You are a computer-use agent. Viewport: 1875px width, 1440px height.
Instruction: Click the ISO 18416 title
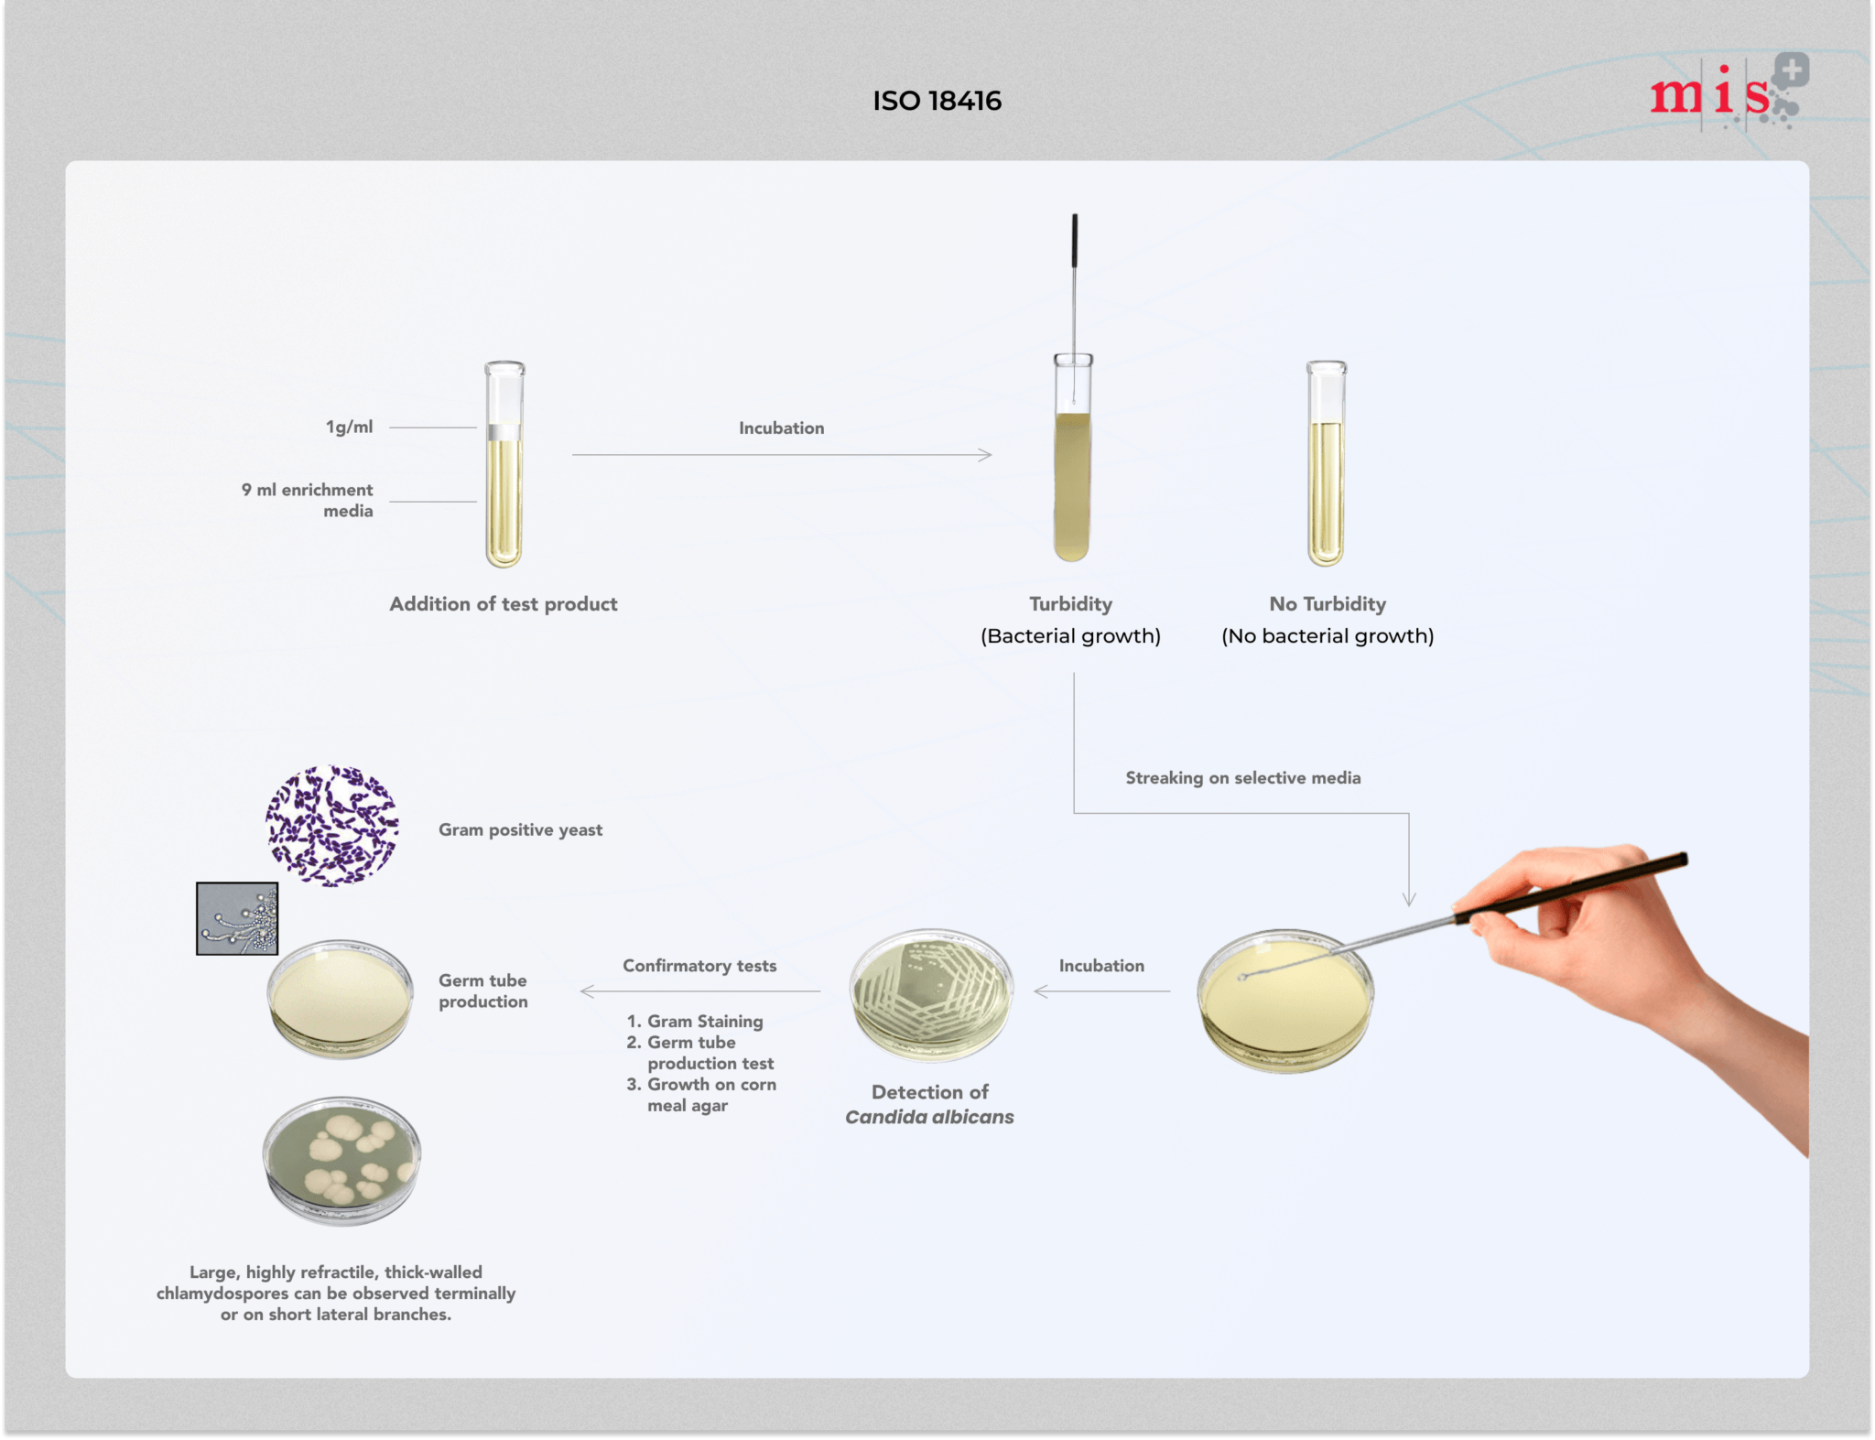pyautogui.click(x=937, y=101)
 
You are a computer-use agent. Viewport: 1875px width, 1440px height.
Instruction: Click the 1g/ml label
pyautogui.click(x=349, y=427)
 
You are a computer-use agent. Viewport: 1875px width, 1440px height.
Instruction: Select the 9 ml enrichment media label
pyautogui.click(x=308, y=500)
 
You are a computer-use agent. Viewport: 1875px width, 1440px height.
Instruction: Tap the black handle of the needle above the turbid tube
pyautogui.click(x=1075, y=240)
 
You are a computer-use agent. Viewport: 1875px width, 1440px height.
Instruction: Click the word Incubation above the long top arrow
pyautogui.click(x=781, y=428)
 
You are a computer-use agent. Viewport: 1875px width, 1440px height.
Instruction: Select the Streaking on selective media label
pyautogui.click(x=1242, y=777)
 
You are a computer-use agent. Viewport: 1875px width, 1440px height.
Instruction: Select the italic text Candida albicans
pyautogui.click(x=929, y=1117)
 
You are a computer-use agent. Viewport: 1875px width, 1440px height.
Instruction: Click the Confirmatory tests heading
pyautogui.click(x=699, y=966)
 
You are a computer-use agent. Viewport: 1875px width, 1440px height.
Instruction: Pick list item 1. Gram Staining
pyautogui.click(x=695, y=1021)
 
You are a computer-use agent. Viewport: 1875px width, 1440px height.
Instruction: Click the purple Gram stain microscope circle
pyautogui.click(x=332, y=826)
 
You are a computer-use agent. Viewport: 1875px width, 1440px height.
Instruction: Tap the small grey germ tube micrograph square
pyautogui.click(x=237, y=918)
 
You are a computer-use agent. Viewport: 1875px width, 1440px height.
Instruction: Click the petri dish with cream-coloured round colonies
pyautogui.click(x=341, y=1160)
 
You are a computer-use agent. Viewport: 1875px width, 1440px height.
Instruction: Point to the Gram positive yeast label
pyautogui.click(x=520, y=829)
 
